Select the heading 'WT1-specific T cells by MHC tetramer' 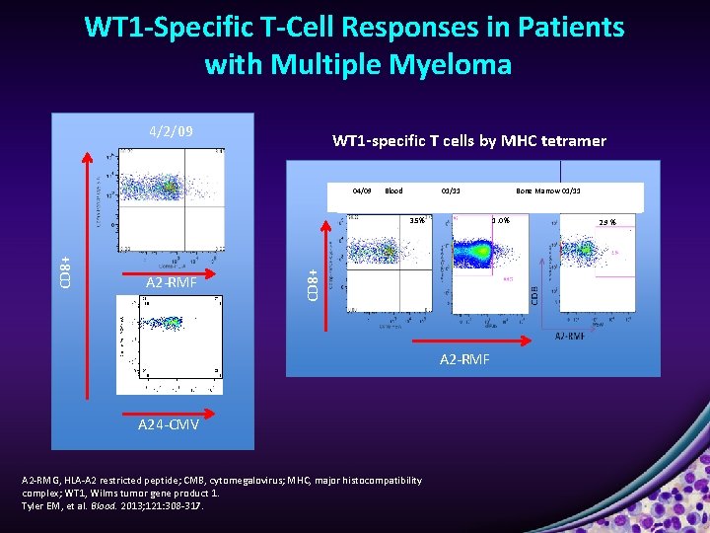469,141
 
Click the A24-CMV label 169,424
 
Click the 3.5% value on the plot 417,220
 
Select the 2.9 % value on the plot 607,222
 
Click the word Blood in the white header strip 393,190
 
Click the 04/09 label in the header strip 362,190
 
